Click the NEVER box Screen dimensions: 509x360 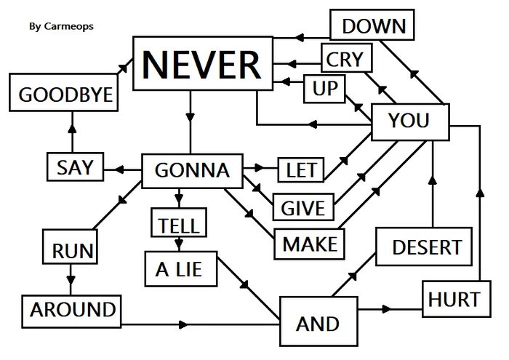[x=203, y=63]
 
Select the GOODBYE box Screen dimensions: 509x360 [x=64, y=92]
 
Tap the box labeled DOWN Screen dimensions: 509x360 [x=372, y=25]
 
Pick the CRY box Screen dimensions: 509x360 [x=346, y=57]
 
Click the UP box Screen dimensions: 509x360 [x=324, y=89]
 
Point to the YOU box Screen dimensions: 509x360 [x=410, y=122]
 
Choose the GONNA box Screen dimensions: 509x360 [x=193, y=171]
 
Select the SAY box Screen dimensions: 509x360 [x=76, y=167]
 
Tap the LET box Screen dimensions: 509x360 [x=301, y=169]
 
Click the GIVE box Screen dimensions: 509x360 [x=303, y=207]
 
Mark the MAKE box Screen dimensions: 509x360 [x=309, y=244]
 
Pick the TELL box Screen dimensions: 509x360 [x=179, y=223]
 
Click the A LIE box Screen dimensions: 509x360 [x=181, y=269]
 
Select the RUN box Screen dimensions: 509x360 [x=70, y=247]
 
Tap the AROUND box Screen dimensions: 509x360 [x=71, y=311]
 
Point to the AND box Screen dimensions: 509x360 [x=318, y=321]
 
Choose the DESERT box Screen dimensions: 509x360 [x=424, y=247]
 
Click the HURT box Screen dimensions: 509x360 [x=457, y=299]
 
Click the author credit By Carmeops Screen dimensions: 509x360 [x=61, y=26]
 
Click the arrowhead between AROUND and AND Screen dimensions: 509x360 [x=183, y=324]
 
